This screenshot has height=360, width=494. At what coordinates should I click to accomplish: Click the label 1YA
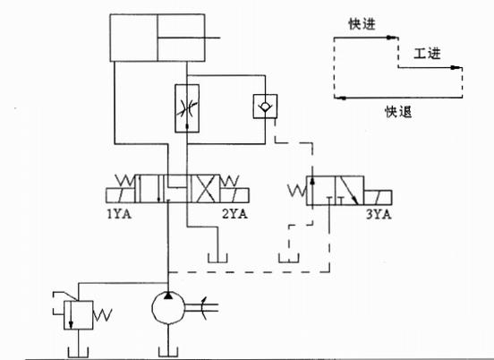(119, 214)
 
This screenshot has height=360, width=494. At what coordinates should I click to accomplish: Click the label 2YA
(235, 214)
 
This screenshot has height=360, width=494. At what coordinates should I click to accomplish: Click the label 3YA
(379, 215)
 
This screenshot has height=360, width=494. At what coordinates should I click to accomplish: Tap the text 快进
(362, 24)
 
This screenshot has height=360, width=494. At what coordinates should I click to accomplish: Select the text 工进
(427, 54)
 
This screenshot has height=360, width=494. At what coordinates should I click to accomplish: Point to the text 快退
(398, 112)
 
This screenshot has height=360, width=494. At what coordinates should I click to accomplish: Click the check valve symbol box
(265, 107)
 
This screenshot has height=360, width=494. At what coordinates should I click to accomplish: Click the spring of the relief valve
(102, 315)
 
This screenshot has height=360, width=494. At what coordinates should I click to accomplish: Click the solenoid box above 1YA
(121, 195)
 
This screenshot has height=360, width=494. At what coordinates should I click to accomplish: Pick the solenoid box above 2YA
(235, 195)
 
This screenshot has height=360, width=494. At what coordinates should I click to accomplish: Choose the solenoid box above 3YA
(378, 198)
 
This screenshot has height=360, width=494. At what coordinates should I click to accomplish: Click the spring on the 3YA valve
(297, 191)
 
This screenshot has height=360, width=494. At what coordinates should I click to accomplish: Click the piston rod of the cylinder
(189, 38)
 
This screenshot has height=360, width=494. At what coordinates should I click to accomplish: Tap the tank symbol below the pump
(168, 352)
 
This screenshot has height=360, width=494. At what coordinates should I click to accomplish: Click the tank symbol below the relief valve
(78, 352)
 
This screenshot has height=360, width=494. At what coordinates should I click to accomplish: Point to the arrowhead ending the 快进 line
(391, 38)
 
